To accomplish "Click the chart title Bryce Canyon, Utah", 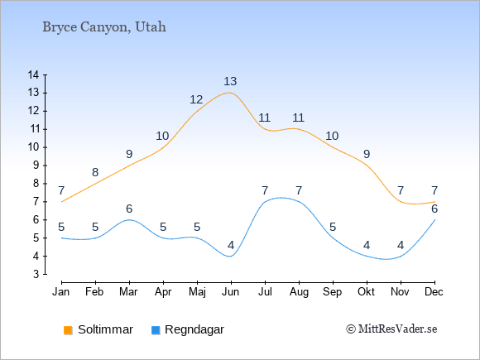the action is [x=104, y=27].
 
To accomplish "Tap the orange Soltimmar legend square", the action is [x=68, y=330].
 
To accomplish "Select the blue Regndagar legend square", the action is [x=156, y=330].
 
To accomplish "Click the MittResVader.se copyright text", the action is [x=391, y=329].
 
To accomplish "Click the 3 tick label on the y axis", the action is [x=36, y=274].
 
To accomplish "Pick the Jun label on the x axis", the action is [x=231, y=292].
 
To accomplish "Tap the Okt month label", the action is [x=366, y=292].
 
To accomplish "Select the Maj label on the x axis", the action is [x=197, y=292].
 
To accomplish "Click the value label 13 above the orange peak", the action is [x=230, y=81].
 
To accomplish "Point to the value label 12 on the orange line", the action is [x=196, y=99].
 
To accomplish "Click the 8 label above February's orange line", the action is [x=95, y=172].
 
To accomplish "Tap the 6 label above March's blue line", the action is [x=129, y=209].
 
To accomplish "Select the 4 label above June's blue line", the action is [x=231, y=245].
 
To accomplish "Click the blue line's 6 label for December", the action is [x=434, y=209].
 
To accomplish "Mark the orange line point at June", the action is [x=231, y=93].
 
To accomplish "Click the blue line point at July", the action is [x=265, y=202].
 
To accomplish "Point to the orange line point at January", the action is [x=62, y=202].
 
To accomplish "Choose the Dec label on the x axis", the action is [x=434, y=292].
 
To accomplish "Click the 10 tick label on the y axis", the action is [x=33, y=147].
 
